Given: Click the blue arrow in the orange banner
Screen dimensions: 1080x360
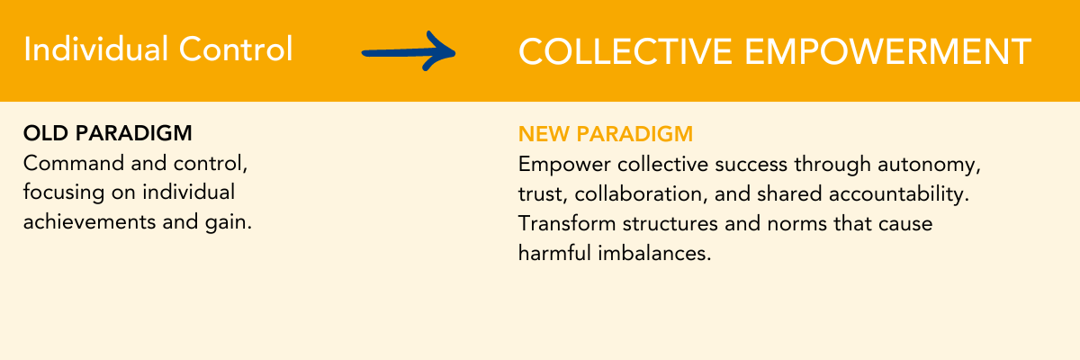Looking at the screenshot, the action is pyautogui.click(x=409, y=52).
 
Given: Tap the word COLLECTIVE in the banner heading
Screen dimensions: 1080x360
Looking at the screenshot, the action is pyautogui.click(x=625, y=51).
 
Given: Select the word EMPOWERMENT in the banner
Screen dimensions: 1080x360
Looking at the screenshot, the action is pyautogui.click(x=888, y=51).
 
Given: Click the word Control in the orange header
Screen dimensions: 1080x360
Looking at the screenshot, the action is pyautogui.click(x=236, y=49).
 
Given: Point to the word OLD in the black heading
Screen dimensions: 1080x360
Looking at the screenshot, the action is pyautogui.click(x=46, y=133).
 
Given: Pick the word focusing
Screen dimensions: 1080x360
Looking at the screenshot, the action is pyautogui.click(x=64, y=193).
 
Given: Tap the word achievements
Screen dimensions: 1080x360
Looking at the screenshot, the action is pyautogui.click(x=89, y=222).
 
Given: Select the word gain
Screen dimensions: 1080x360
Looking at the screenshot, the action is pyautogui.click(x=229, y=223).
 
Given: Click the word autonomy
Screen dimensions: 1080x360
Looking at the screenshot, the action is pyautogui.click(x=929, y=166).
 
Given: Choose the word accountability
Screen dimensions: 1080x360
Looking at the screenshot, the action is pyautogui.click(x=899, y=194).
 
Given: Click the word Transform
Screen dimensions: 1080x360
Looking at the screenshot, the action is pyautogui.click(x=566, y=223).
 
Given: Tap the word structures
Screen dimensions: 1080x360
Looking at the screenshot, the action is pyautogui.click(x=670, y=224).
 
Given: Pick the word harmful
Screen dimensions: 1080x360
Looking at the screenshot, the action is pyautogui.click(x=554, y=253).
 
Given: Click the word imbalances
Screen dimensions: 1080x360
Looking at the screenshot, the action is pyautogui.click(x=655, y=253).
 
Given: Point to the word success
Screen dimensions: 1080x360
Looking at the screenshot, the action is pyautogui.click(x=751, y=166).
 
